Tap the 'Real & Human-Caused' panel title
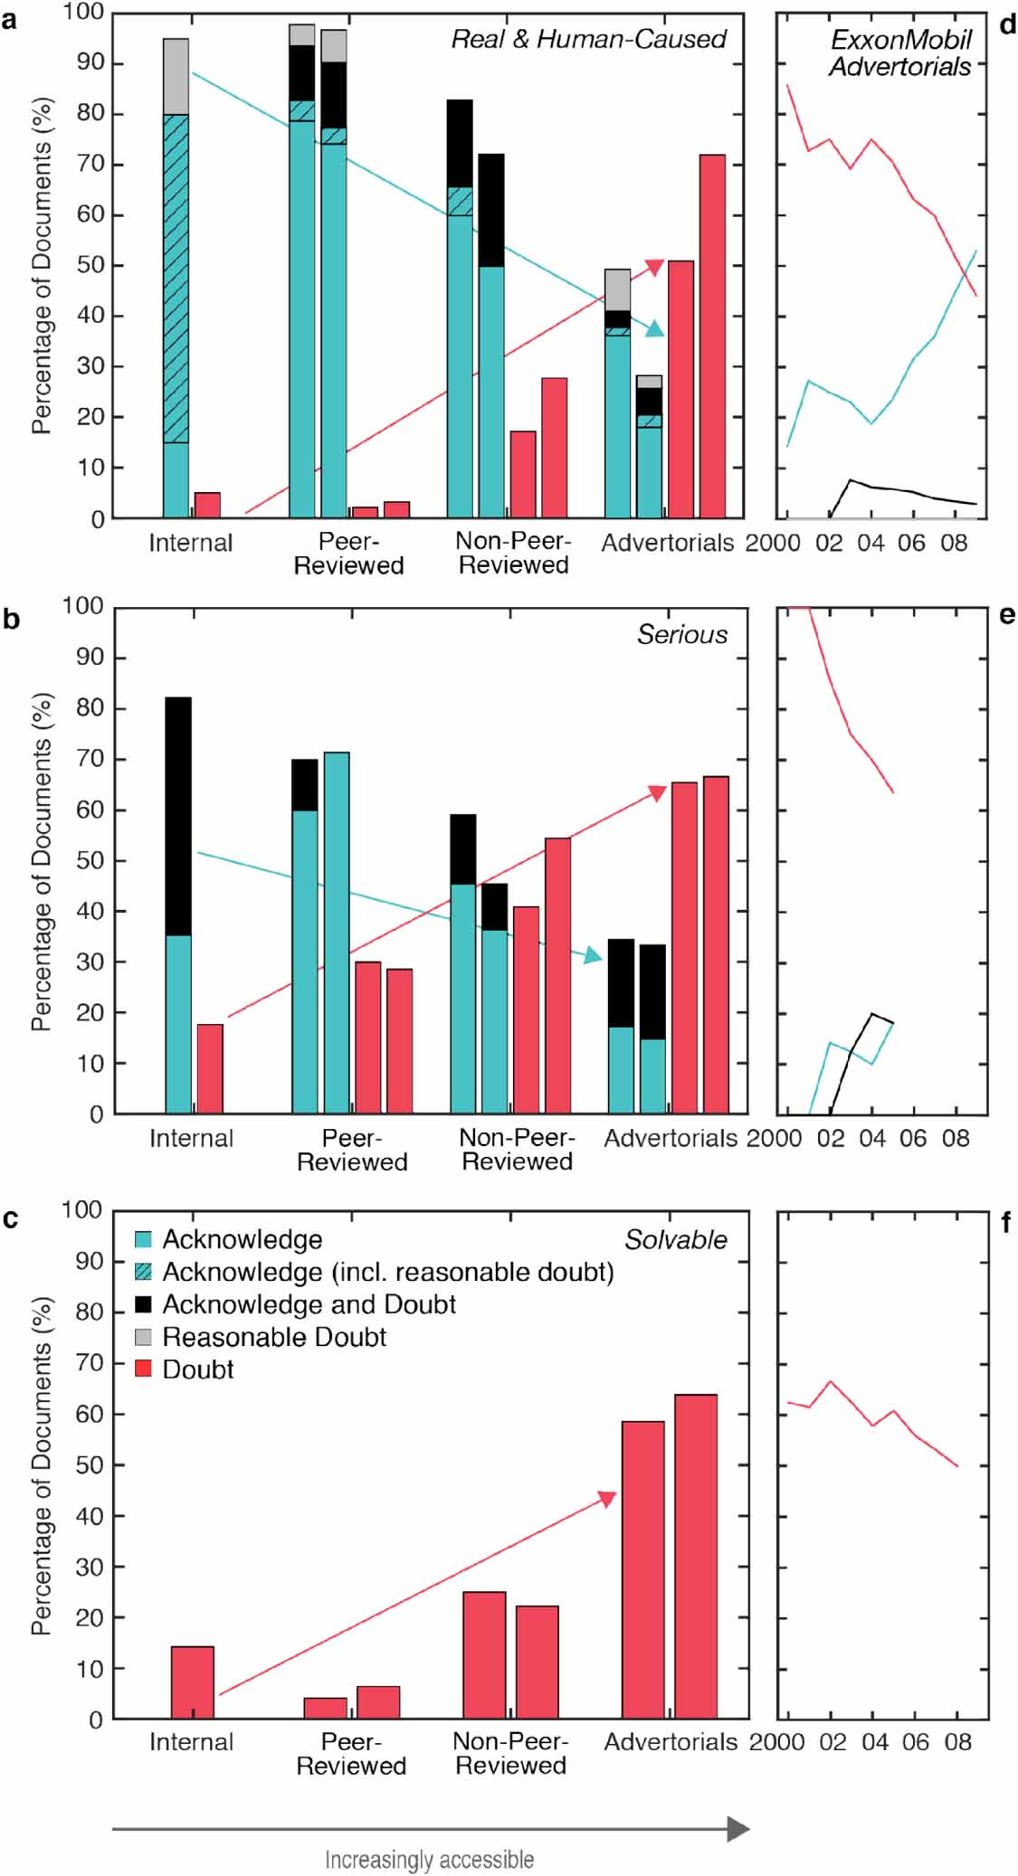click(588, 39)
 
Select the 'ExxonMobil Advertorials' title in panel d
click(900, 52)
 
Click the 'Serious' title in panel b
click(681, 634)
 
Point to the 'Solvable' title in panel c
click(675, 1239)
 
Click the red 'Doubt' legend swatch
click(143, 1369)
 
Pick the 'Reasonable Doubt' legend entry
click(273, 1337)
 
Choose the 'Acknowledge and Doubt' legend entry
click(309, 1304)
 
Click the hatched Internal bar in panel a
click(176, 279)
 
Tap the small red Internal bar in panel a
click(207, 506)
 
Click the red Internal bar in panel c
click(193, 1682)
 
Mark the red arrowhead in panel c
click(606, 1499)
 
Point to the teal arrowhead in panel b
click(594, 955)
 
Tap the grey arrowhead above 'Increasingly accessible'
click(738, 1829)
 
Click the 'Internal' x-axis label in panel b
click(191, 1138)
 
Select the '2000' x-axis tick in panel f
click(776, 1742)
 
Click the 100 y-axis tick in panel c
click(82, 1209)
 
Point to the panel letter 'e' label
click(1007, 615)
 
